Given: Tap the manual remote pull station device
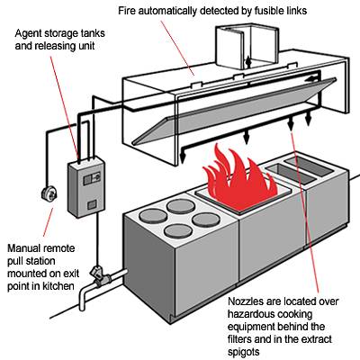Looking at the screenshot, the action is point(49,193).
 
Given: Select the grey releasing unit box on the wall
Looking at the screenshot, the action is point(86,188).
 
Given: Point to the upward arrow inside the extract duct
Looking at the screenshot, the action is point(248,62).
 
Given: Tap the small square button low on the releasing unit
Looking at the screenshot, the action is point(92,205).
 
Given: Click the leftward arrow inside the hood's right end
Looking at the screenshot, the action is point(312,79).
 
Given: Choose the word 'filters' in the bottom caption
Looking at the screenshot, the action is point(239,339).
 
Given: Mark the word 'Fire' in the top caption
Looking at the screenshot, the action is point(125,11).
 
